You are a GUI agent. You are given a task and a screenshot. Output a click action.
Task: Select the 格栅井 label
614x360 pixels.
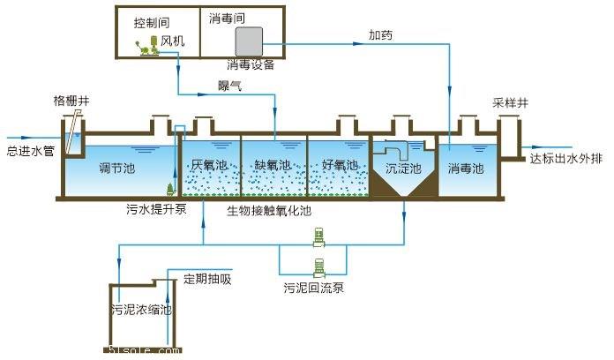tap(71, 102)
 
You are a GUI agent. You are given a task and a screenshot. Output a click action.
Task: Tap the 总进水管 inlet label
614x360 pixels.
tap(31, 151)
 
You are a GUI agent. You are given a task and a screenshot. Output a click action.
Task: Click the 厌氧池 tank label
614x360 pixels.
tap(209, 165)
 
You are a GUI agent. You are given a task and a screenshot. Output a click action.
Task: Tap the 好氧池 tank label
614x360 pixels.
tap(338, 165)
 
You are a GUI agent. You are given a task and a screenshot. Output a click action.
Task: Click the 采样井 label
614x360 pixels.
tap(509, 102)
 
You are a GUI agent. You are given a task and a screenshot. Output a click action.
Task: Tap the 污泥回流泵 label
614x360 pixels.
tap(312, 288)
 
